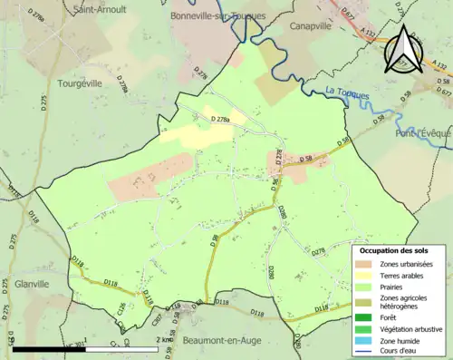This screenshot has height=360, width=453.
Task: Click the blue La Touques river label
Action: coord(349,92)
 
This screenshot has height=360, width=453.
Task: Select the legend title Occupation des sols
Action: coord(400,250)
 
